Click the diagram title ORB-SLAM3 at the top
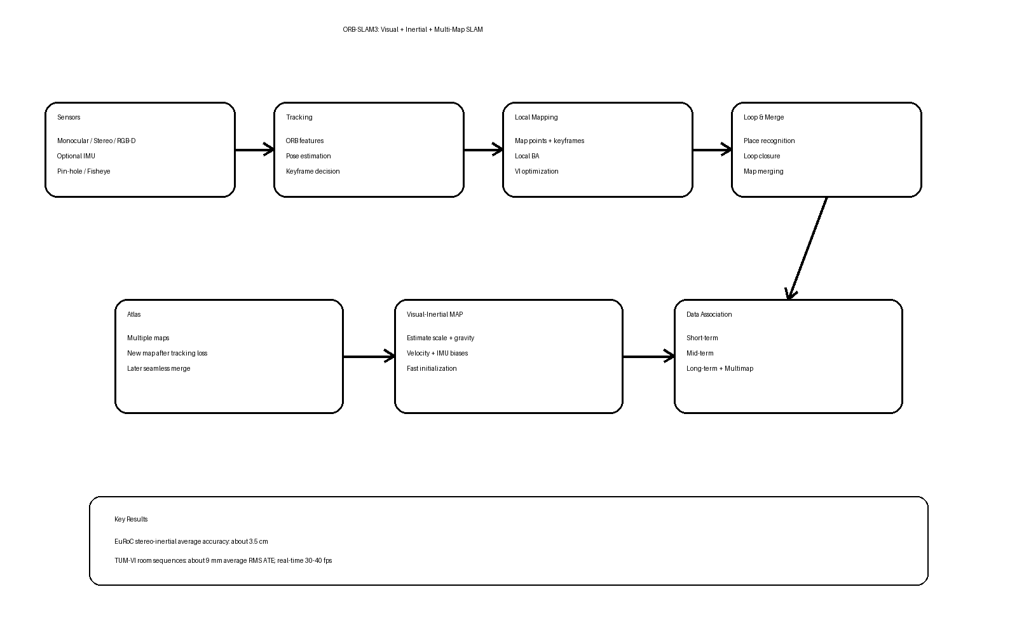tap(413, 29)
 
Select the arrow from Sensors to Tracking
tap(255, 150)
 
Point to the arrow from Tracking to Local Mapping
tap(484, 150)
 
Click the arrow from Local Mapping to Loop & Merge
tap(713, 150)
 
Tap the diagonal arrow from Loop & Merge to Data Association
tap(808, 249)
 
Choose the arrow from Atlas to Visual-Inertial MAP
tap(369, 357)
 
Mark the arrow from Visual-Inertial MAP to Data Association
tap(649, 357)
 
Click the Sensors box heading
tap(69, 117)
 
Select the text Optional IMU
tap(76, 156)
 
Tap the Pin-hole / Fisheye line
tap(83, 171)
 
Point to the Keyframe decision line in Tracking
tap(313, 171)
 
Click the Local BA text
tap(527, 156)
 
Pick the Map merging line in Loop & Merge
tap(763, 171)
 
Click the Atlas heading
tap(134, 314)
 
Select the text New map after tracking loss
tap(167, 354)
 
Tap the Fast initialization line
tap(432, 368)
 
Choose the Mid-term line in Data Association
tap(700, 354)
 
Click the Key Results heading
tap(131, 519)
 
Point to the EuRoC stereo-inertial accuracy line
tap(191, 541)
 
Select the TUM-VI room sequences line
tap(223, 560)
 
